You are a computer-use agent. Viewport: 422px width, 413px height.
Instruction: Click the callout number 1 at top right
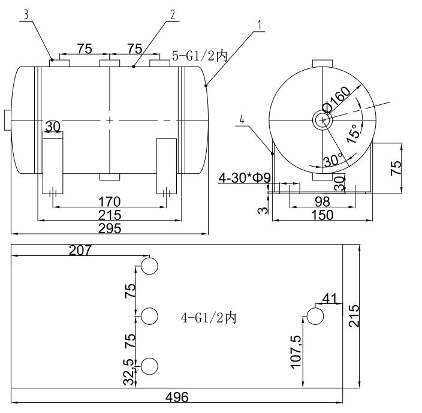260,25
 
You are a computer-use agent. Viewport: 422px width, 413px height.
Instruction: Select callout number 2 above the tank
173,15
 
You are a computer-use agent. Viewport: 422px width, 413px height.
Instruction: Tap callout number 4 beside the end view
242,119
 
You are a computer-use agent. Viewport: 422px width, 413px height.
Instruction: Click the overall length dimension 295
110,228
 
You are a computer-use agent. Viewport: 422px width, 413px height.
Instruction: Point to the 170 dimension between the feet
110,201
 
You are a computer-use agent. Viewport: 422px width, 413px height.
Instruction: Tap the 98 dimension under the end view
324,201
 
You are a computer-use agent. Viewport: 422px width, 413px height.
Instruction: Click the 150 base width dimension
324,215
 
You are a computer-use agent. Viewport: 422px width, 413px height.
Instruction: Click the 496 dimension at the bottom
177,397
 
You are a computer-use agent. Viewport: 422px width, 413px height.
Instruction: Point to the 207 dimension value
80,250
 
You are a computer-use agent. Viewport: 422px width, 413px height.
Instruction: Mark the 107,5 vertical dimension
296,354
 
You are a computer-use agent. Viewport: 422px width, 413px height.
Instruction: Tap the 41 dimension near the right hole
330,299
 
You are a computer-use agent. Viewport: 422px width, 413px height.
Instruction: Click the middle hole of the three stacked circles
149,315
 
